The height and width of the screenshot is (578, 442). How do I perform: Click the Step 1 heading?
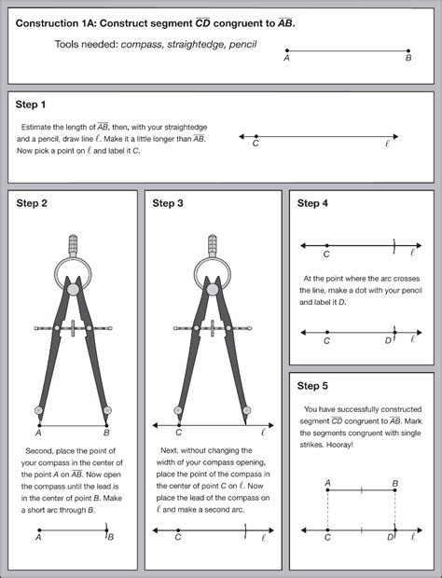click(31, 104)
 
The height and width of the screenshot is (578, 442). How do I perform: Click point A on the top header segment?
click(287, 50)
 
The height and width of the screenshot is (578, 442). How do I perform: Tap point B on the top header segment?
click(408, 50)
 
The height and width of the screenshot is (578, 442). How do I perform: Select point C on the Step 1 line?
click(256, 136)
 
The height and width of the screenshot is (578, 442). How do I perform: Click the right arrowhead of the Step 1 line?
click(395, 136)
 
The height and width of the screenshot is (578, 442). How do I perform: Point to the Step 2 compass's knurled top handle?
click(73, 245)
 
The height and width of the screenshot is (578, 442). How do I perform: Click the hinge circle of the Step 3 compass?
click(213, 289)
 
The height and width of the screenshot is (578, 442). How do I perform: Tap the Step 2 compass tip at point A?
click(40, 424)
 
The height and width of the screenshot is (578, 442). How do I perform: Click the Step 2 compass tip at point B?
click(106, 424)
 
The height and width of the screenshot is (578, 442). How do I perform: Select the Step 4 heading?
click(312, 203)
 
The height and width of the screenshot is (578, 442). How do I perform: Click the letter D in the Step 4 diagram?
click(388, 340)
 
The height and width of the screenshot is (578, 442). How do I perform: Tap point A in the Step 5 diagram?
click(327, 489)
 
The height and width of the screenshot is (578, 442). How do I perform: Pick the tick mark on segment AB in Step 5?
click(361, 489)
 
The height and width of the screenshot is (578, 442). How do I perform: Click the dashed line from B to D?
click(395, 510)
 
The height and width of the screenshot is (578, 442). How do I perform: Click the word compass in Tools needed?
click(142, 45)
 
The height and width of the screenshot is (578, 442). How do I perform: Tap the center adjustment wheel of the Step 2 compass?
click(73, 328)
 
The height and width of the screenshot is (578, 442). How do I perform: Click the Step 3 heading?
click(168, 203)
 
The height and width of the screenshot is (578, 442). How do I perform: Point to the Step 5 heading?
click(312, 386)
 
